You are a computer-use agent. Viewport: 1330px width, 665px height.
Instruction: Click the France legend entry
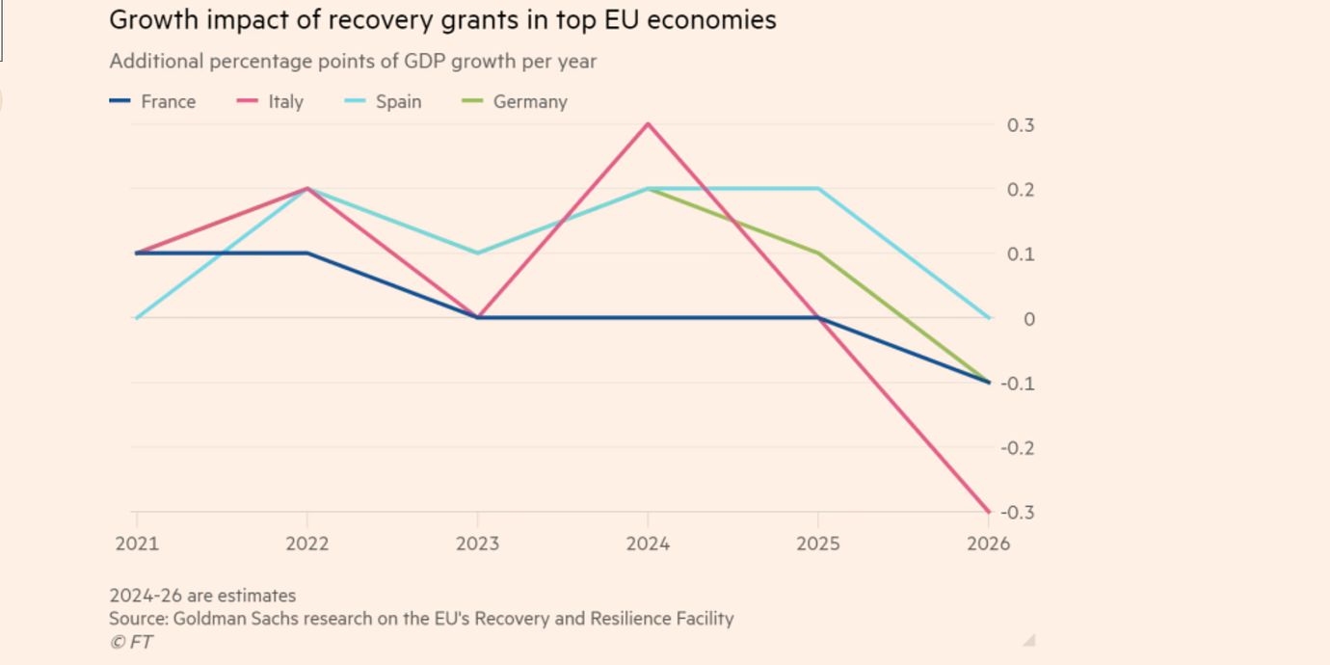(x=152, y=101)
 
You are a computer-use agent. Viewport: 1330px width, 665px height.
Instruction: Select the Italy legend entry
(x=270, y=101)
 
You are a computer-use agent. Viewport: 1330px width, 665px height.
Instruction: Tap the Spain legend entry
(x=383, y=101)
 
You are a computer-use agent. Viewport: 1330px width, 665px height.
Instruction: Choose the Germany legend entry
(x=515, y=101)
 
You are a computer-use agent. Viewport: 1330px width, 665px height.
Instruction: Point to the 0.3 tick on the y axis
(x=1021, y=125)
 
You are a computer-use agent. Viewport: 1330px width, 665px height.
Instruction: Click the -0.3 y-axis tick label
(x=1017, y=513)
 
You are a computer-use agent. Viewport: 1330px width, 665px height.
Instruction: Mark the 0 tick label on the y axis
(x=1029, y=319)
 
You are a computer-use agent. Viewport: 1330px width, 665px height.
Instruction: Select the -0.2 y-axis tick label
(x=1017, y=448)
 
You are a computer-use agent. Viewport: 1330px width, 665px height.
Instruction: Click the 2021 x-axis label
(x=137, y=544)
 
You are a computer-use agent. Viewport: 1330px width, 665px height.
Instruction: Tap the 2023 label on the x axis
(x=477, y=544)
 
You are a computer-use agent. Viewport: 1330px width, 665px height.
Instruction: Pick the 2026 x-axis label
(x=988, y=544)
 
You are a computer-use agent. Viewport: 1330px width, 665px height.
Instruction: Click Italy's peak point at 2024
(x=648, y=124)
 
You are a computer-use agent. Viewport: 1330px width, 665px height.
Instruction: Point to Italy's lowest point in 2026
(x=988, y=511)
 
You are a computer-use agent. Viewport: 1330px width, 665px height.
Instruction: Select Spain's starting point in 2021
(x=137, y=318)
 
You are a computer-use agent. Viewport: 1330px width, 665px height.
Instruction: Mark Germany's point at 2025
(x=818, y=253)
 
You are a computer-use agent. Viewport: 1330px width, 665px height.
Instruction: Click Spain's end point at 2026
(x=988, y=318)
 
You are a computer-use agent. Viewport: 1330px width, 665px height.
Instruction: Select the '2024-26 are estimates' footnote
(x=202, y=596)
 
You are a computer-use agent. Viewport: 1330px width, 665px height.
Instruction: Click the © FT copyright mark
(x=131, y=642)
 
